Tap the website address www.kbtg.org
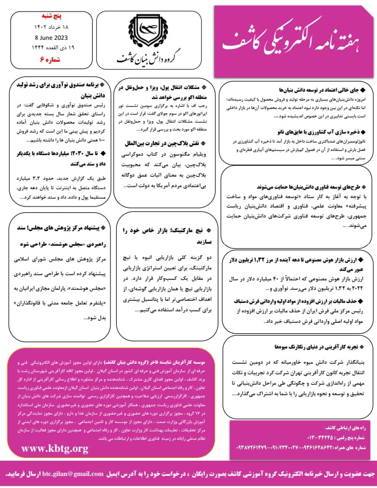tap(54, 448)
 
